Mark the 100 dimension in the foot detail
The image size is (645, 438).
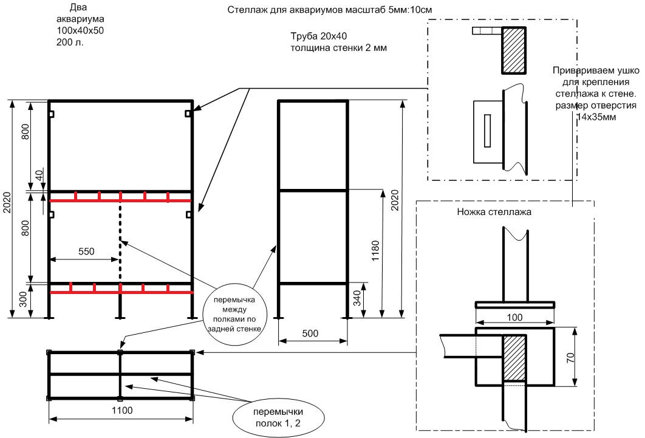click(x=514, y=317)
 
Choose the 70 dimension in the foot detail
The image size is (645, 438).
click(x=570, y=357)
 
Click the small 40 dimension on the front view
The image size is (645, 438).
click(x=39, y=176)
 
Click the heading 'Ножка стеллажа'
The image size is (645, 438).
click(x=494, y=213)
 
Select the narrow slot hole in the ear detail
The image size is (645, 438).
click(x=487, y=131)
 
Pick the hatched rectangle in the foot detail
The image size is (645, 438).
click(x=514, y=358)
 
